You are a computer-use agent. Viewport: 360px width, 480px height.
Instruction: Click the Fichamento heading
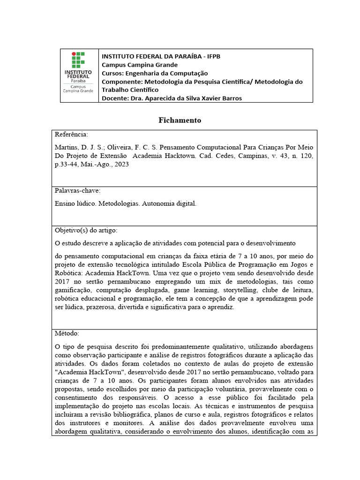[180, 120]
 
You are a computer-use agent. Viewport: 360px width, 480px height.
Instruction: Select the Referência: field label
[71, 135]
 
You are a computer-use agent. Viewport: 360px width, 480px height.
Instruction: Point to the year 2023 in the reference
[120, 165]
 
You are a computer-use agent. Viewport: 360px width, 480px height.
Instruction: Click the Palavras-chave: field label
[78, 191]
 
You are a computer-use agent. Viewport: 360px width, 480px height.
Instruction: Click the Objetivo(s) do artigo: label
[86, 230]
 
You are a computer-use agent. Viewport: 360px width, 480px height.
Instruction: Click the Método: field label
[67, 333]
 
